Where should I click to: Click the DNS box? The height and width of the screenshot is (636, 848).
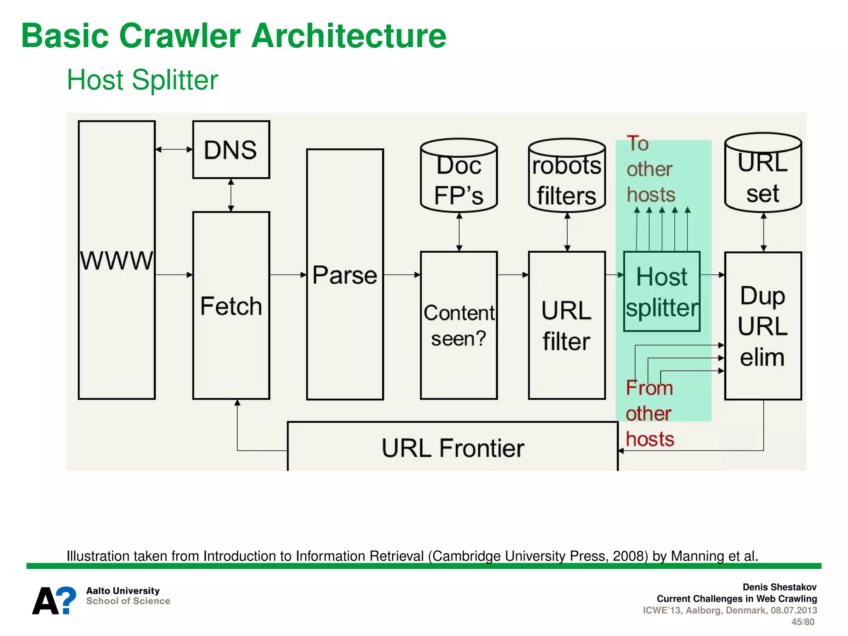[x=231, y=149]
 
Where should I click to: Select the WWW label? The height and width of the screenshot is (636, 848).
[x=116, y=260]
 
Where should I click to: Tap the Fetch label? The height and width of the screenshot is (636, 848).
[x=231, y=306]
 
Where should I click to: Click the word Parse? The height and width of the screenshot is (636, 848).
[x=344, y=275]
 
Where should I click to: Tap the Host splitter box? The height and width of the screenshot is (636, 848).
[x=662, y=291]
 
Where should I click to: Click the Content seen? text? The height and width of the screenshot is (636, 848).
[x=459, y=325]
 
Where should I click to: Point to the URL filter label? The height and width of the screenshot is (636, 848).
[x=566, y=325]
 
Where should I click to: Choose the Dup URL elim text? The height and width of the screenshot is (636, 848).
[x=763, y=326]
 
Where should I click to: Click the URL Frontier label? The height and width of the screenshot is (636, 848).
[x=453, y=448]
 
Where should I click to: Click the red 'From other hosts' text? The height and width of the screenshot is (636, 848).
[x=649, y=413]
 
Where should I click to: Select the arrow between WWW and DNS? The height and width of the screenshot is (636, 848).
[x=174, y=149]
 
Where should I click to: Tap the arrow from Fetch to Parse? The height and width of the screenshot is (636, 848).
[x=288, y=275]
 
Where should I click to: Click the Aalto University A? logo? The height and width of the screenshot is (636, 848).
[x=54, y=600]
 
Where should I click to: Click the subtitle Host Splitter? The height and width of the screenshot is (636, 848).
[x=142, y=79]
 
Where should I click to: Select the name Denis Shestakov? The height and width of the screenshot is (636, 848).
[x=779, y=587]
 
